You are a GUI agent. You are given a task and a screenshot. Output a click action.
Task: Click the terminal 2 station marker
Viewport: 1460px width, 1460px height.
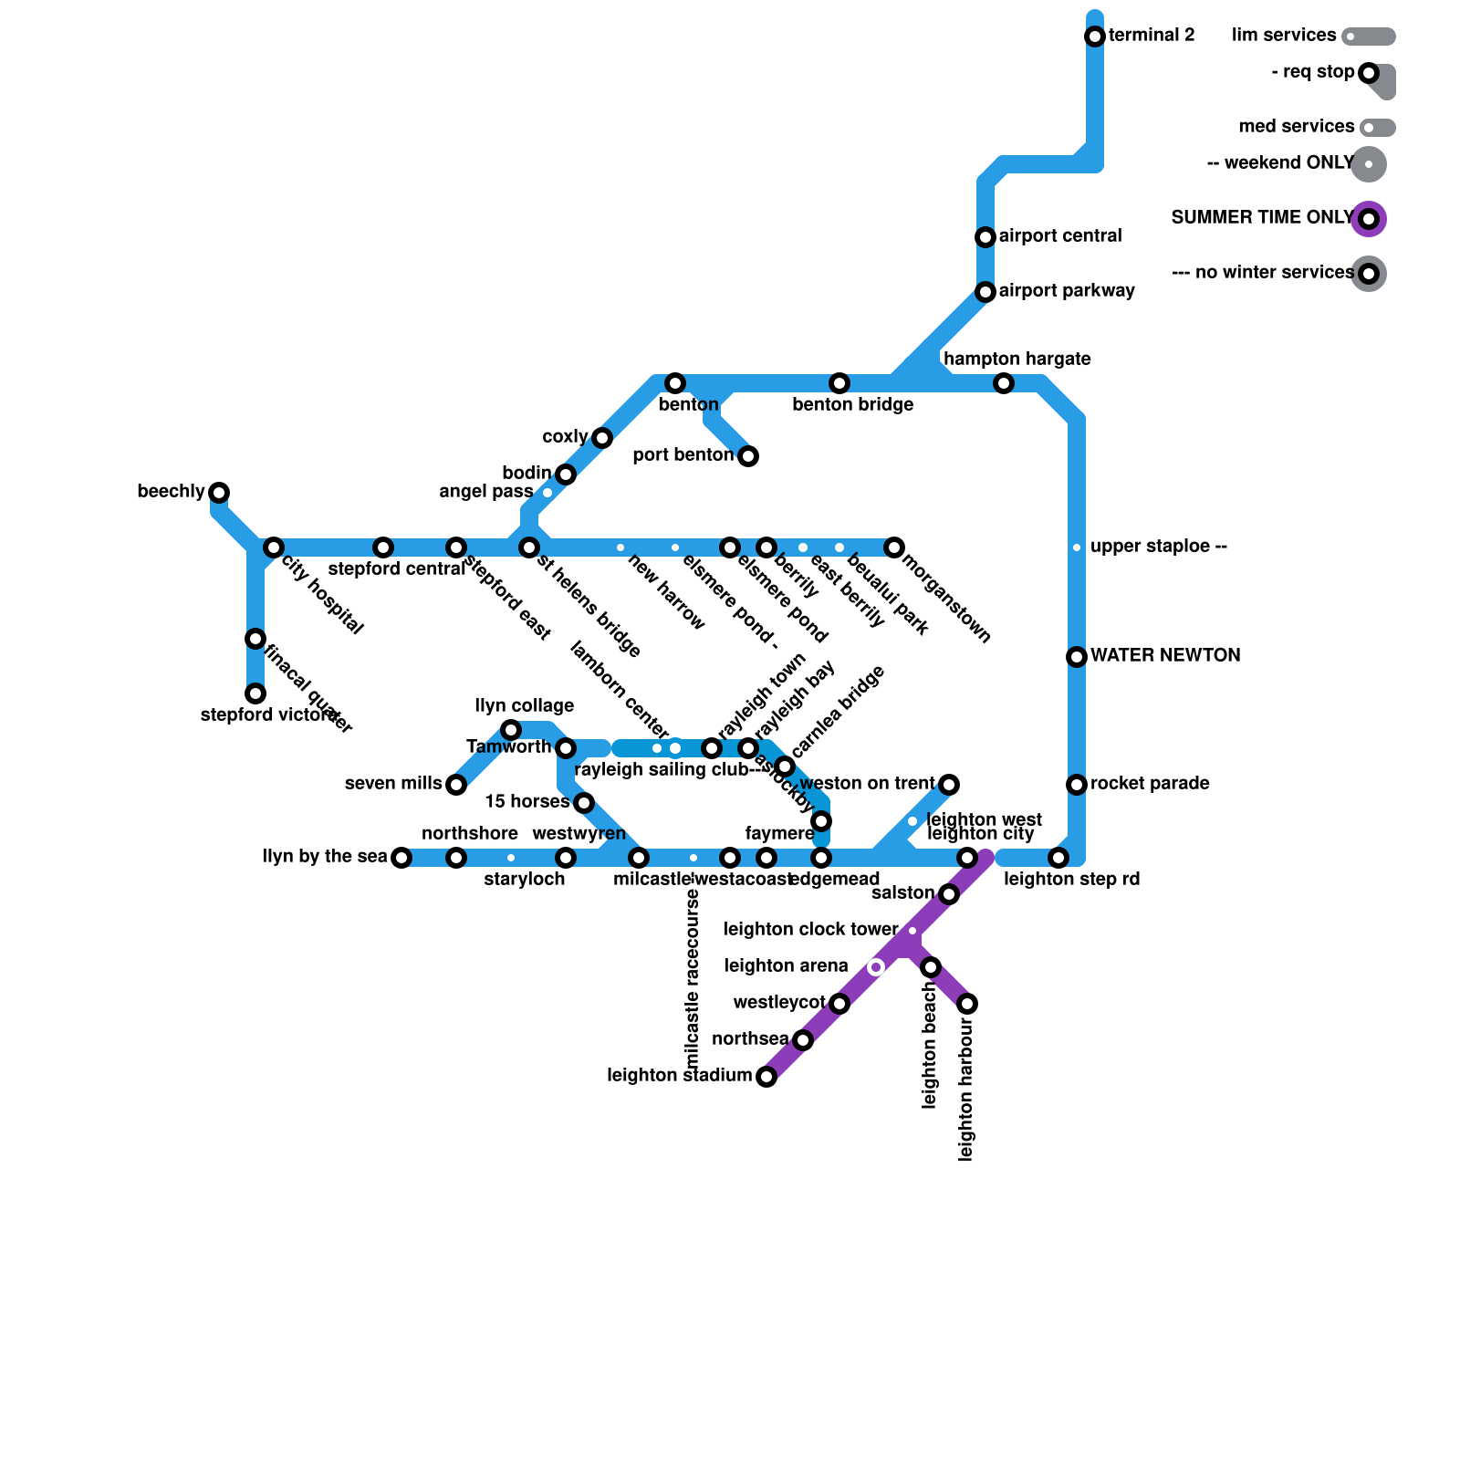pyautogui.click(x=1095, y=36)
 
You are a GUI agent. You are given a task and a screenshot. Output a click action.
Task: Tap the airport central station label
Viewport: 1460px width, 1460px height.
pyautogui.click(x=1060, y=236)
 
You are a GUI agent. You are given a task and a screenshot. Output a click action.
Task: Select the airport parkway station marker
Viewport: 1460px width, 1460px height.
pyautogui.click(x=985, y=292)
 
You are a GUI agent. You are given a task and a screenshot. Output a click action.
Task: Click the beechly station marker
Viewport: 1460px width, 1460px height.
pyautogui.click(x=219, y=493)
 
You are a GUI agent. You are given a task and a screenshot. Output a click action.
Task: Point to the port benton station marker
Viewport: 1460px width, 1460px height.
pyautogui.click(x=748, y=456)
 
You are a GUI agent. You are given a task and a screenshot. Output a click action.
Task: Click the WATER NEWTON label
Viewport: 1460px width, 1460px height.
pyautogui.click(x=1165, y=656)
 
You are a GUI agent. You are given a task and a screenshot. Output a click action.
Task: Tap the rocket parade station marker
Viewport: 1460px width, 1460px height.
pyautogui.click(x=1077, y=785)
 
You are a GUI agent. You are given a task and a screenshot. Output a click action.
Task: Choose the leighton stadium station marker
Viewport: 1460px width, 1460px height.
pyautogui.click(x=766, y=1077)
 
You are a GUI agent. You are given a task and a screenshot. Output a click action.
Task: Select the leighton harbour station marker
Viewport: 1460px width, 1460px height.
pyautogui.click(x=967, y=1004)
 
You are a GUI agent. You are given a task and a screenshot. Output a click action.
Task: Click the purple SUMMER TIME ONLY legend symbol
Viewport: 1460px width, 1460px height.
pyautogui.click(x=1369, y=219)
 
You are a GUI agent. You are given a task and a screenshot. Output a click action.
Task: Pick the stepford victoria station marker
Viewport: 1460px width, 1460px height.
pyautogui.click(x=255, y=693)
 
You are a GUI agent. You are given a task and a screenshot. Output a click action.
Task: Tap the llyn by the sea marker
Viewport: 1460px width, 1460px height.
pyautogui.click(x=401, y=858)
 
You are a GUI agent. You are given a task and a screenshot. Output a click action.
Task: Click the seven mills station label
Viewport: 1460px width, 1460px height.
pyautogui.click(x=393, y=784)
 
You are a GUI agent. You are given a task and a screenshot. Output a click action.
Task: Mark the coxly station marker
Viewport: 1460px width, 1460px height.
pyautogui.click(x=602, y=438)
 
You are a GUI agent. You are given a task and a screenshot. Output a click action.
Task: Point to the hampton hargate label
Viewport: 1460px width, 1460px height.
pyautogui.click(x=1017, y=360)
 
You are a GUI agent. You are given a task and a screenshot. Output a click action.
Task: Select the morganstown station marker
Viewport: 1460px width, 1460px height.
pyautogui.click(x=894, y=547)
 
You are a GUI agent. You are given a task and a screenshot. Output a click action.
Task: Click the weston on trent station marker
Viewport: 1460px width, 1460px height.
pyautogui.click(x=949, y=785)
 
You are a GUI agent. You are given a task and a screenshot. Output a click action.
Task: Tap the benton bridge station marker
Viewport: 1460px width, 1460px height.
pyautogui.click(x=839, y=383)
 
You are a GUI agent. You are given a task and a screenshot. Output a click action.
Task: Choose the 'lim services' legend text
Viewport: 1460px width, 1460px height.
pyautogui.click(x=1284, y=36)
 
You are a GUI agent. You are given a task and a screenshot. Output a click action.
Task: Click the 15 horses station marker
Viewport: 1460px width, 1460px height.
pyautogui.click(x=584, y=803)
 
